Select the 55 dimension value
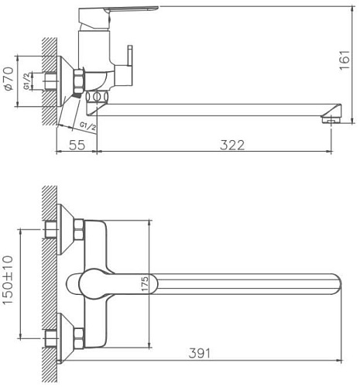click(76, 145)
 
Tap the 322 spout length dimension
click(231, 145)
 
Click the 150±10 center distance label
click(9, 283)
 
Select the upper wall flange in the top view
click(67, 230)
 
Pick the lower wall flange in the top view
click(67, 337)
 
